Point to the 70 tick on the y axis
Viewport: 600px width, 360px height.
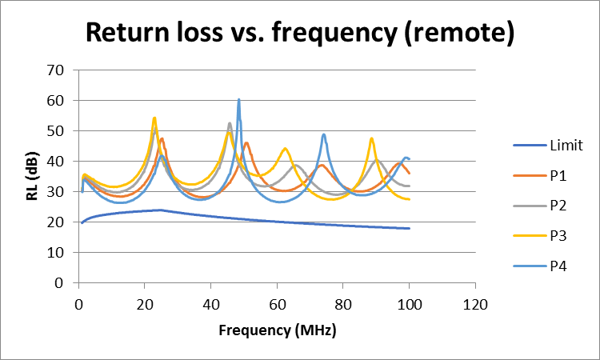click(x=55, y=70)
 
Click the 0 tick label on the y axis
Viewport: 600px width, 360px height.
click(x=58, y=283)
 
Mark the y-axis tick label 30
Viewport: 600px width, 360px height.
click(x=55, y=192)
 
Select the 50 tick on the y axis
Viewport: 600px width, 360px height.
click(x=55, y=130)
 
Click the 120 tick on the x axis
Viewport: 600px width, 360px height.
click(x=475, y=305)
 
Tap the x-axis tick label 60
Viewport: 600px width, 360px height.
click(x=277, y=305)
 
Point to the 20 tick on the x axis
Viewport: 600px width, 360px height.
click(x=144, y=305)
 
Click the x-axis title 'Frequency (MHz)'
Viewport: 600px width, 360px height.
click(x=276, y=330)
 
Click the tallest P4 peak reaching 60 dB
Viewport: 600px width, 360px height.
click(x=238, y=100)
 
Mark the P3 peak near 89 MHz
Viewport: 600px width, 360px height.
click(x=371, y=138)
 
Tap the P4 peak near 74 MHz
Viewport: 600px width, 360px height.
click(x=323, y=134)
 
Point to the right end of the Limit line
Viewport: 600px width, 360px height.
click(x=409, y=228)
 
